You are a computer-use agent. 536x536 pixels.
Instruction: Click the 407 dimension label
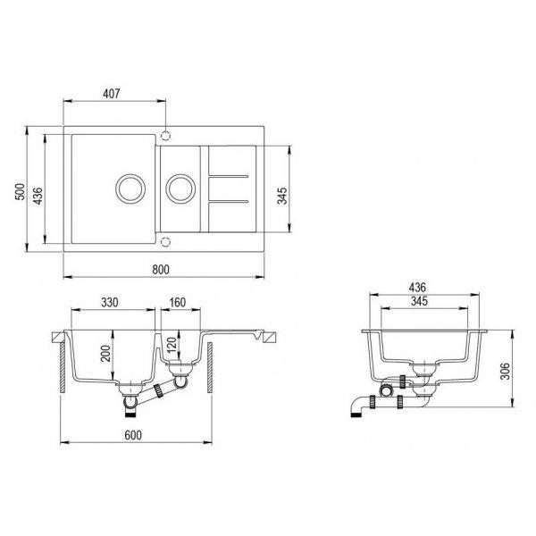112,93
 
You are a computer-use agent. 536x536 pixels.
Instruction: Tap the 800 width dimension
160,270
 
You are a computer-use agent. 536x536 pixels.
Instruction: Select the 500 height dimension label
21,192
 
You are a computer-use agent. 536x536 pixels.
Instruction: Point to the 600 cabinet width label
132,435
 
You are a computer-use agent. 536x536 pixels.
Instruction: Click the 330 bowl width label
110,302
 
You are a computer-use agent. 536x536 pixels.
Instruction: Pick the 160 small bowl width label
178,302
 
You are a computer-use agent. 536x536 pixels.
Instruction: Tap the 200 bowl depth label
105,353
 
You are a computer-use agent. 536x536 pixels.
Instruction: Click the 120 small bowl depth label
172,345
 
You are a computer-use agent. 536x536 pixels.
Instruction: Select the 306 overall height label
506,371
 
